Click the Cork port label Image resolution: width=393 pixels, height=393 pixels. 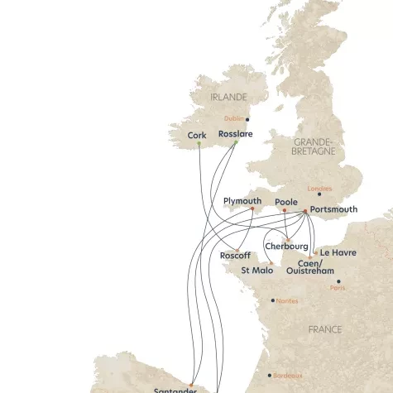(197, 134)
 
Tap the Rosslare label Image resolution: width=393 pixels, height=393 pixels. (235, 133)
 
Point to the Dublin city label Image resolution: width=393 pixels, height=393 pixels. (235, 119)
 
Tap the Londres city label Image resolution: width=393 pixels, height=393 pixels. (319, 188)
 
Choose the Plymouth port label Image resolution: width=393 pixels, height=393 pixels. (242, 201)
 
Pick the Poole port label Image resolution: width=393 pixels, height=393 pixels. (286, 201)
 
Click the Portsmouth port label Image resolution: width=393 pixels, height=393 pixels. (333, 209)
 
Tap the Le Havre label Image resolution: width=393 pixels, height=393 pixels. (338, 252)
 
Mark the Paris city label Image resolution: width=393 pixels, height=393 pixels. (338, 288)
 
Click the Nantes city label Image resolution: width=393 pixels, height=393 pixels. (287, 300)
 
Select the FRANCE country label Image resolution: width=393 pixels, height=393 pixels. (324, 329)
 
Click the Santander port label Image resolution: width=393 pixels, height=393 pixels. (175, 389)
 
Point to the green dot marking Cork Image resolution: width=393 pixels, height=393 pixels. (199, 146)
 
